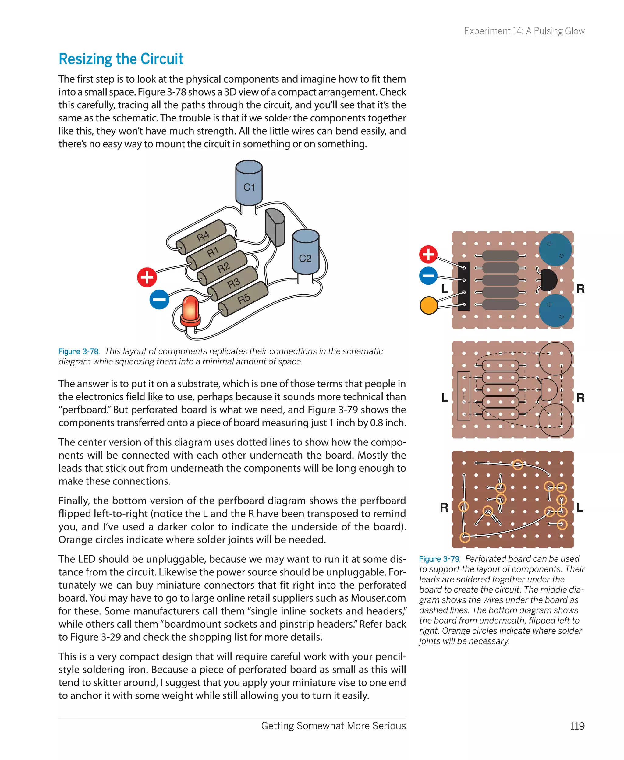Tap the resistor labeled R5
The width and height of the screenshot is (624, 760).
[x=243, y=299]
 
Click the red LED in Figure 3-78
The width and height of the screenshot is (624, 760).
[x=190, y=310]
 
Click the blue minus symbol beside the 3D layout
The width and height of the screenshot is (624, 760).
[x=159, y=299]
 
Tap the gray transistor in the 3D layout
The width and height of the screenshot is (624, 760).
[x=275, y=227]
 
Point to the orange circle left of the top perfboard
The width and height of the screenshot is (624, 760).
[x=428, y=306]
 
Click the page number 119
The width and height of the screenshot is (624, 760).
[x=577, y=726]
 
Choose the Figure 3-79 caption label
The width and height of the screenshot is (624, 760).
[x=440, y=559]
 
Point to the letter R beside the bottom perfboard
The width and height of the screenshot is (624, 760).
[x=444, y=507]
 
